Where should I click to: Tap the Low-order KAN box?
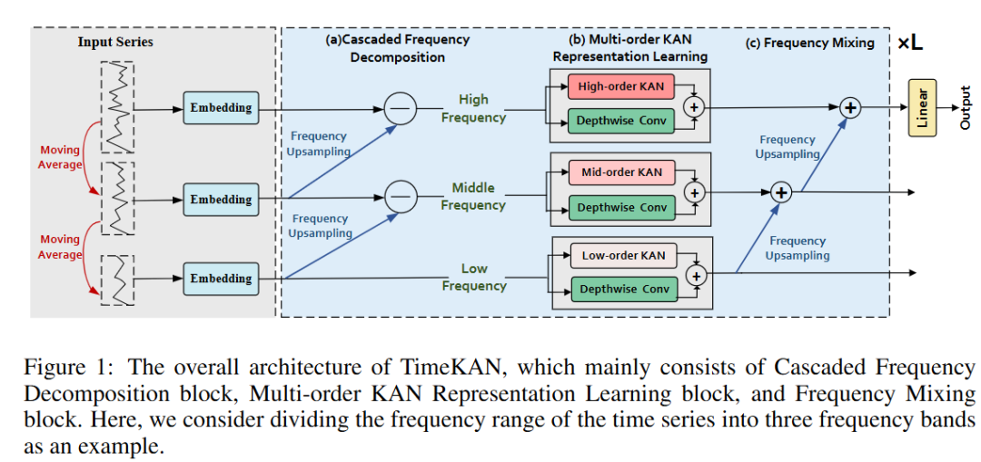(624, 254)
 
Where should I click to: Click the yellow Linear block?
(922, 107)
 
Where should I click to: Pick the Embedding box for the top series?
(221, 107)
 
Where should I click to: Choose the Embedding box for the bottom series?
(221, 279)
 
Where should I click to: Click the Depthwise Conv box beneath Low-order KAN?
(624, 289)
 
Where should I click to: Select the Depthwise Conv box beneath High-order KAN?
(620, 121)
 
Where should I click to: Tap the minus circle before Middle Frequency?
(399, 197)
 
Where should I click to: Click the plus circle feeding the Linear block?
(849, 108)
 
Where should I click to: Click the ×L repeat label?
(909, 44)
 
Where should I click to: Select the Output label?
(966, 108)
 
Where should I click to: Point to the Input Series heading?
(115, 43)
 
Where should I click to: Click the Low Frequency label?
(473, 278)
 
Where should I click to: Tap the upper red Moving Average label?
(61, 157)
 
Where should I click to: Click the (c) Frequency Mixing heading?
(811, 44)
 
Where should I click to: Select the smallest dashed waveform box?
(117, 280)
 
